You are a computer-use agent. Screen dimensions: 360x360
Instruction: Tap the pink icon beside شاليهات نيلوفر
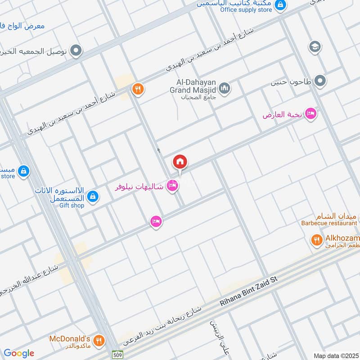172,185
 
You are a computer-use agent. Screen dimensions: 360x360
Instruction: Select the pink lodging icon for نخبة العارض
310,114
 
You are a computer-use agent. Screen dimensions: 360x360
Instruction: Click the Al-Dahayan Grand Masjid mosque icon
225,88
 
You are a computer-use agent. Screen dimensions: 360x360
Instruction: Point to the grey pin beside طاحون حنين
320,81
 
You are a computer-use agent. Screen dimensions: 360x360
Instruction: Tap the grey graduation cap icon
315,46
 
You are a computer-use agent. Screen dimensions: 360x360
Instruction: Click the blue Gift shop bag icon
93,196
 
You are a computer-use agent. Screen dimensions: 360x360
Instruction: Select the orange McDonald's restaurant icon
99,340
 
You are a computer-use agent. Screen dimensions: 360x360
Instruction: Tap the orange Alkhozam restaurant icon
316,240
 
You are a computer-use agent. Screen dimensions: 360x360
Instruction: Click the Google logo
19,353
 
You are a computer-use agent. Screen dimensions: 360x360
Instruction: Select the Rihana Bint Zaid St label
249,292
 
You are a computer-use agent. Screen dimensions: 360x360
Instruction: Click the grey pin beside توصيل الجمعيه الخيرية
76,50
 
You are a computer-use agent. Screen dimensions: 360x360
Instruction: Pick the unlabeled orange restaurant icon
138,90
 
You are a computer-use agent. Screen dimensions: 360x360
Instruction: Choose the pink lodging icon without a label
156,221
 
